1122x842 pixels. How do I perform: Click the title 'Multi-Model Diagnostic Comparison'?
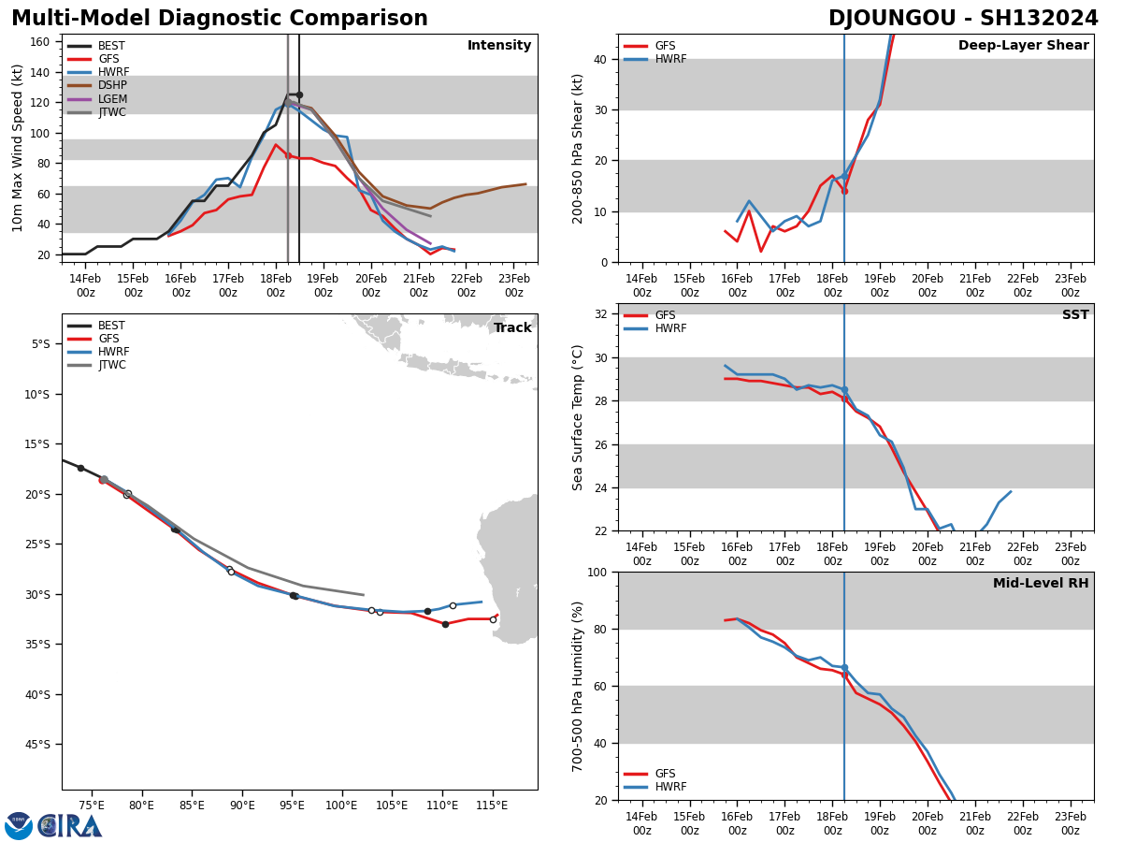point(220,19)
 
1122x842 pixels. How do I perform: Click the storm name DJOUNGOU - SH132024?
point(963,19)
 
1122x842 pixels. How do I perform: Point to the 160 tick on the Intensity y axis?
point(40,41)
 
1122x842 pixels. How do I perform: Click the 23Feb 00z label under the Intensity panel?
point(514,285)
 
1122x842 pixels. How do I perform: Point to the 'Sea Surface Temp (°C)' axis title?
point(579,417)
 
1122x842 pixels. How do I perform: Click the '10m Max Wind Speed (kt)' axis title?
point(18,148)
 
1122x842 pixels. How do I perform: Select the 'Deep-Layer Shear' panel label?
point(1023,46)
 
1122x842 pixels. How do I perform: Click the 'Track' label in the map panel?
point(512,327)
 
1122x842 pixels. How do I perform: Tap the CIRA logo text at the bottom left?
point(70,826)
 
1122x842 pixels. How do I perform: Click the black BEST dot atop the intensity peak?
point(299,94)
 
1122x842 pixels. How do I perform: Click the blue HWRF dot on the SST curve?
point(844,389)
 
